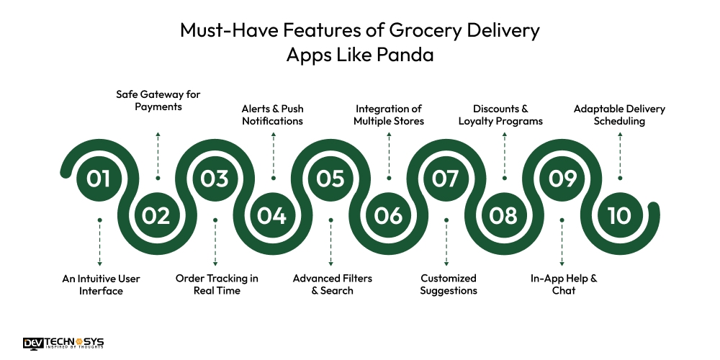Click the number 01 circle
coord(99,178)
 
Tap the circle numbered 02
coord(157,215)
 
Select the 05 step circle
coord(330,178)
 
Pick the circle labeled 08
coord(503,215)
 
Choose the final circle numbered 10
coord(619,215)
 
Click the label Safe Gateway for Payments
coord(158,101)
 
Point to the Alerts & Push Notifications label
coord(272,115)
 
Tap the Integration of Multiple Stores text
coord(388,115)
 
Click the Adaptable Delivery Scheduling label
coord(619,115)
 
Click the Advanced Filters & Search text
coord(332,284)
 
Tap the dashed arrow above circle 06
coord(389,155)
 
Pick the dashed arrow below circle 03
coord(215,241)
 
